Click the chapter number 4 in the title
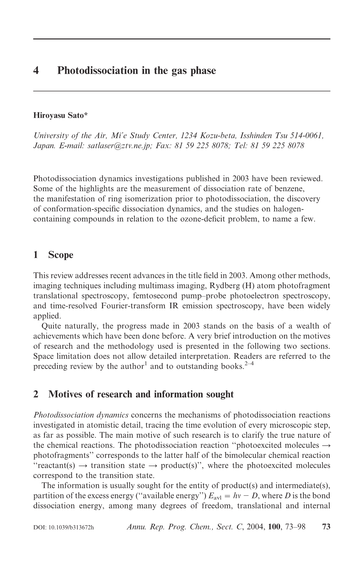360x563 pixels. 36,71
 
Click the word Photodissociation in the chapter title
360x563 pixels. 91,71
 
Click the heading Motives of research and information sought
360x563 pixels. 141,394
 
